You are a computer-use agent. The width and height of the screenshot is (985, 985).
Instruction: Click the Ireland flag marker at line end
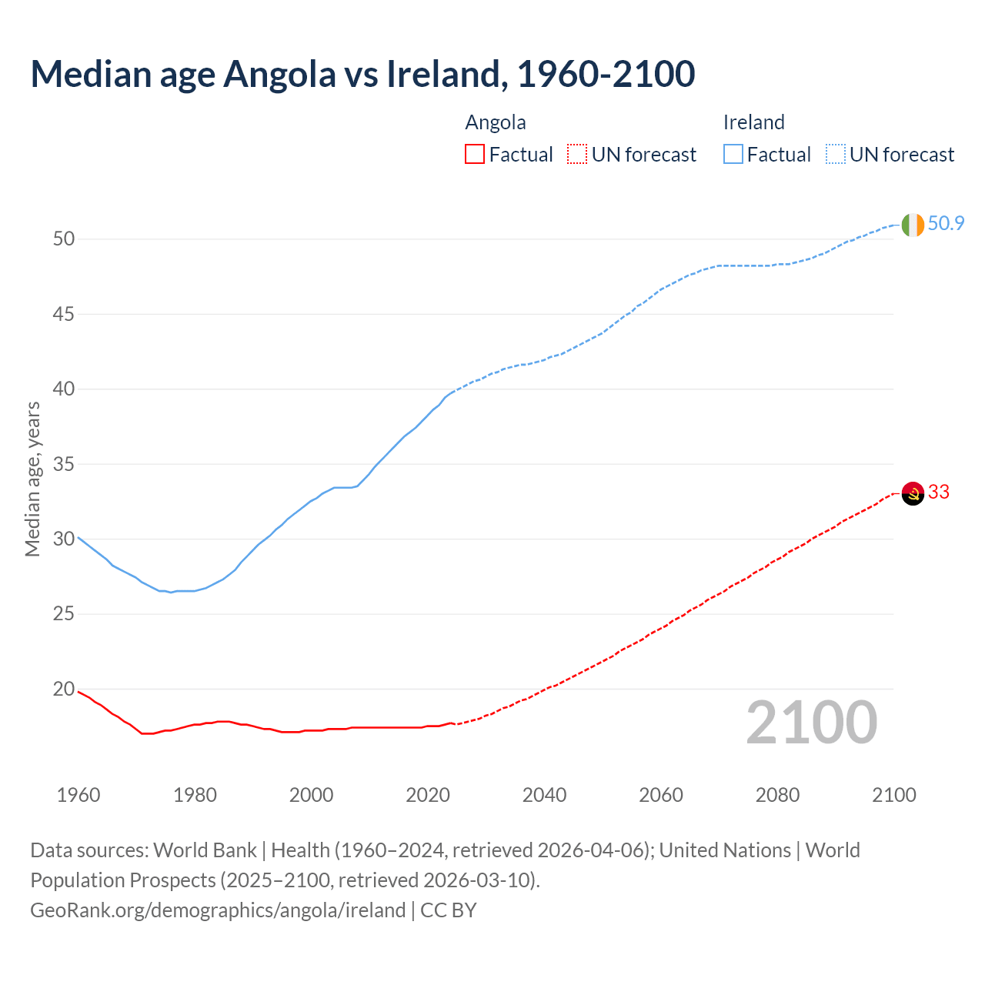tap(913, 225)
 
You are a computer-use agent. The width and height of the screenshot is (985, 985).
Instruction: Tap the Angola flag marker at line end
tap(913, 492)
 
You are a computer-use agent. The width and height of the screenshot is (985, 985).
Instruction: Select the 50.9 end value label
tap(946, 223)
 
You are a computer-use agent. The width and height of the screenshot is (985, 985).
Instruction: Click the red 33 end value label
tap(939, 492)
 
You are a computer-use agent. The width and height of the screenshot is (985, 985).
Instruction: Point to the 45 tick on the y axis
tap(64, 314)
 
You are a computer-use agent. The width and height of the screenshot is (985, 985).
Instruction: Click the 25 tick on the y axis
tap(64, 614)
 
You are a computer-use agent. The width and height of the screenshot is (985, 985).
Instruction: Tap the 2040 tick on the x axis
tap(544, 795)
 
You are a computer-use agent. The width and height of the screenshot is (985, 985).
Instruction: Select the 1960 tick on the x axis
tap(78, 795)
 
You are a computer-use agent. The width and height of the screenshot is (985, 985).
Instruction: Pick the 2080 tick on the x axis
tap(777, 795)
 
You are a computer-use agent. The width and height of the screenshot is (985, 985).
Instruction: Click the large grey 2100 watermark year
tap(812, 722)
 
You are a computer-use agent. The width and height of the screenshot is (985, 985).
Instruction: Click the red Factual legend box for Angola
tap(475, 154)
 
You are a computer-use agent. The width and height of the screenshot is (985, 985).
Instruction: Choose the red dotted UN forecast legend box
tap(577, 154)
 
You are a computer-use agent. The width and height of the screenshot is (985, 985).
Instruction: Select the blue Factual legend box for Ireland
tap(733, 154)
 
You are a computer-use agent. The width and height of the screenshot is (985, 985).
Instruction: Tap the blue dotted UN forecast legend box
tap(835, 154)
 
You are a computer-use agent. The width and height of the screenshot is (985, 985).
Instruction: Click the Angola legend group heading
tap(496, 122)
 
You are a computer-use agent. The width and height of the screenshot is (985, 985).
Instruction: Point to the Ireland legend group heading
tap(753, 122)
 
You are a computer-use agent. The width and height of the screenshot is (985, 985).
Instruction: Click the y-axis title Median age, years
tap(32, 478)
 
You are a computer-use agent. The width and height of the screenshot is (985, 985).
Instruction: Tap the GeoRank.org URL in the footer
tap(218, 910)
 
